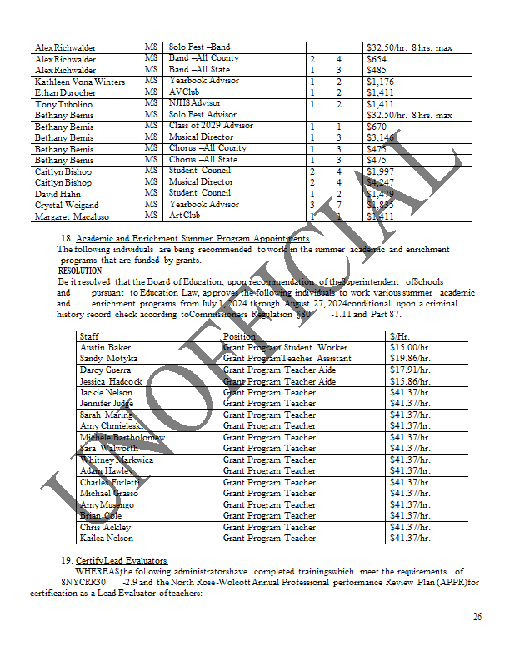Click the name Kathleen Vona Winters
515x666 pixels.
click(x=80, y=82)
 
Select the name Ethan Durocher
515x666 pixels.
click(x=71, y=93)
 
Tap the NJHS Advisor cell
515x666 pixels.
click(x=195, y=104)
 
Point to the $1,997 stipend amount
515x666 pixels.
click(x=381, y=171)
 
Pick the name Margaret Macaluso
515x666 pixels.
click(x=72, y=216)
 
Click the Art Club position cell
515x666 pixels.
click(x=185, y=216)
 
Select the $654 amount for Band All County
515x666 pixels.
click(x=377, y=60)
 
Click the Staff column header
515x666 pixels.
click(x=89, y=336)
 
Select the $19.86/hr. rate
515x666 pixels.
click(x=410, y=359)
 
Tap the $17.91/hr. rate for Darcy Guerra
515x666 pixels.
click(x=410, y=370)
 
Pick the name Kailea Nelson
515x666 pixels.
click(x=106, y=539)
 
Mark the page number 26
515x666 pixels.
click(x=477, y=617)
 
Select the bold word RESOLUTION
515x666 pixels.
click(x=80, y=271)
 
